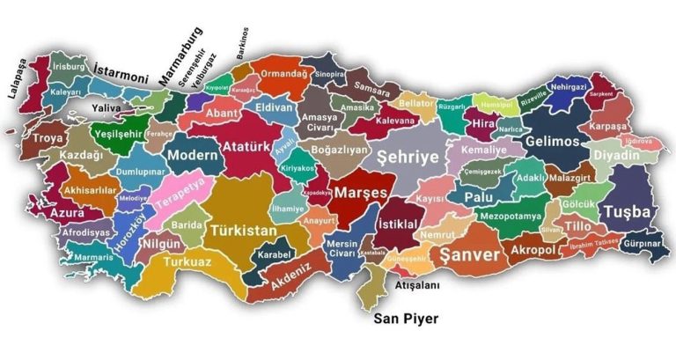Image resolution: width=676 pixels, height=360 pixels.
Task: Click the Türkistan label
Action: point(242,231)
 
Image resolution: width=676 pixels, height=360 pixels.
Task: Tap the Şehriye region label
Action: point(407,156)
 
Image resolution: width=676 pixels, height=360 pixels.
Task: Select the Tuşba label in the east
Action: point(628,212)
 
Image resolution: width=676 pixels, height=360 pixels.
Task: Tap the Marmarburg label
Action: point(180,56)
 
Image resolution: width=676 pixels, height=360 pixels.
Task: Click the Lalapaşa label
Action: point(20,77)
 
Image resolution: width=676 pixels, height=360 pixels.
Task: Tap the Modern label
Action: point(192,155)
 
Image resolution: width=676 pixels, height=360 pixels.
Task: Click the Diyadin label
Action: point(616,155)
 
